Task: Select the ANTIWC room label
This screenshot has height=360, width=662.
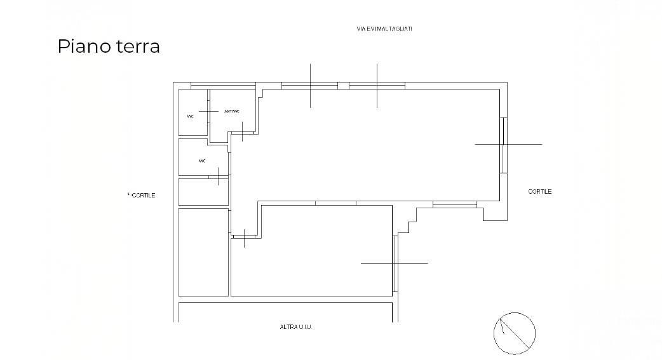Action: pos(232,111)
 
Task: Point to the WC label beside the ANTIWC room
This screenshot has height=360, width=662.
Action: pos(191,116)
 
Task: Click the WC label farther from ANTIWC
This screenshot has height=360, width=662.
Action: pos(202,161)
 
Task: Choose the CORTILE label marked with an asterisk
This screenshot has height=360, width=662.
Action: pos(143,196)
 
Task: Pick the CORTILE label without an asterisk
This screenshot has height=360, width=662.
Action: pos(539,192)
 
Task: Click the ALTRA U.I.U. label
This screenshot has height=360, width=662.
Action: pos(295,326)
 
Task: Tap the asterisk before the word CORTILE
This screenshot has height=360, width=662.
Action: pos(128,194)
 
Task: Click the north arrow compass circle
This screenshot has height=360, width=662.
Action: pos(515,313)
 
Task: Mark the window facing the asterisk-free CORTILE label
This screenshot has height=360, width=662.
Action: pos(503,145)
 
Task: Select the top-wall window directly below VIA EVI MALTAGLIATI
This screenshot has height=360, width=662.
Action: pos(377,86)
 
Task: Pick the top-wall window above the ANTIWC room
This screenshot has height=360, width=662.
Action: pos(224,86)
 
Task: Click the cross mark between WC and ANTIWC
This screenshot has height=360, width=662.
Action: pos(208,111)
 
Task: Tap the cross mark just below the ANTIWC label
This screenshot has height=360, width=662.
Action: pos(242,131)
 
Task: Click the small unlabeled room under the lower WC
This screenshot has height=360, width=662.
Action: pos(203,192)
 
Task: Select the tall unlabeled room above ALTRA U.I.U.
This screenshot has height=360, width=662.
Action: pos(203,252)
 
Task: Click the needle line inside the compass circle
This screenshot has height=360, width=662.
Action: pos(515,333)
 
